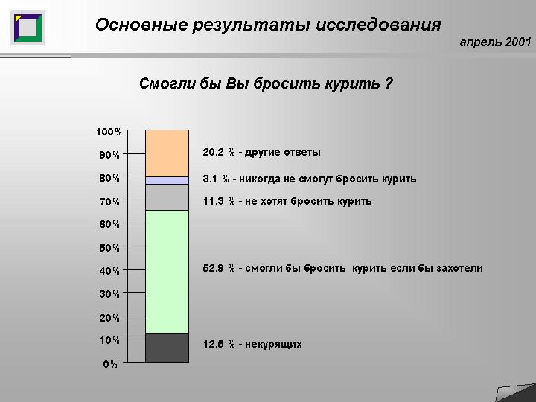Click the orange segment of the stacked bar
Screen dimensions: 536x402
tap(167, 153)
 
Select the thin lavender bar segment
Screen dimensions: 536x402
tap(167, 180)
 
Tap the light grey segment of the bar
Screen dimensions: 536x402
tap(167, 197)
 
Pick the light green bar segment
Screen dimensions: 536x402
tap(167, 272)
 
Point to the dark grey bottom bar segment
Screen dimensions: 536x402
tap(167, 348)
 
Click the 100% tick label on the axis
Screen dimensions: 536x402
tap(109, 132)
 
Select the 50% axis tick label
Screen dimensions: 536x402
tap(109, 248)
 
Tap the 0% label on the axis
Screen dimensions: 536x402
tap(110, 364)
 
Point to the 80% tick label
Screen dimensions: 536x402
tap(109, 178)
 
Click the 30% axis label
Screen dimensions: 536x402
tap(109, 294)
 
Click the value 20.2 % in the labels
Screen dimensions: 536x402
tap(219, 152)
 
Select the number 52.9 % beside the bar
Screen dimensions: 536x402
tap(219, 268)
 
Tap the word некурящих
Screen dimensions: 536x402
tap(273, 344)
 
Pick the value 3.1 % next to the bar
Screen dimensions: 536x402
tap(216, 179)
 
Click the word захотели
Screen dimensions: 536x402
tap(459, 268)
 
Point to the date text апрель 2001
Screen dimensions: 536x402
tap(495, 42)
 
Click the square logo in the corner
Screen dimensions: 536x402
tap(28, 28)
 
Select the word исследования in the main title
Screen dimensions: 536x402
tap(378, 25)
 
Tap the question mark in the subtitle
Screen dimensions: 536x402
tap(388, 83)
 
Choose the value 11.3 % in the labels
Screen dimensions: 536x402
tap(219, 201)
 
